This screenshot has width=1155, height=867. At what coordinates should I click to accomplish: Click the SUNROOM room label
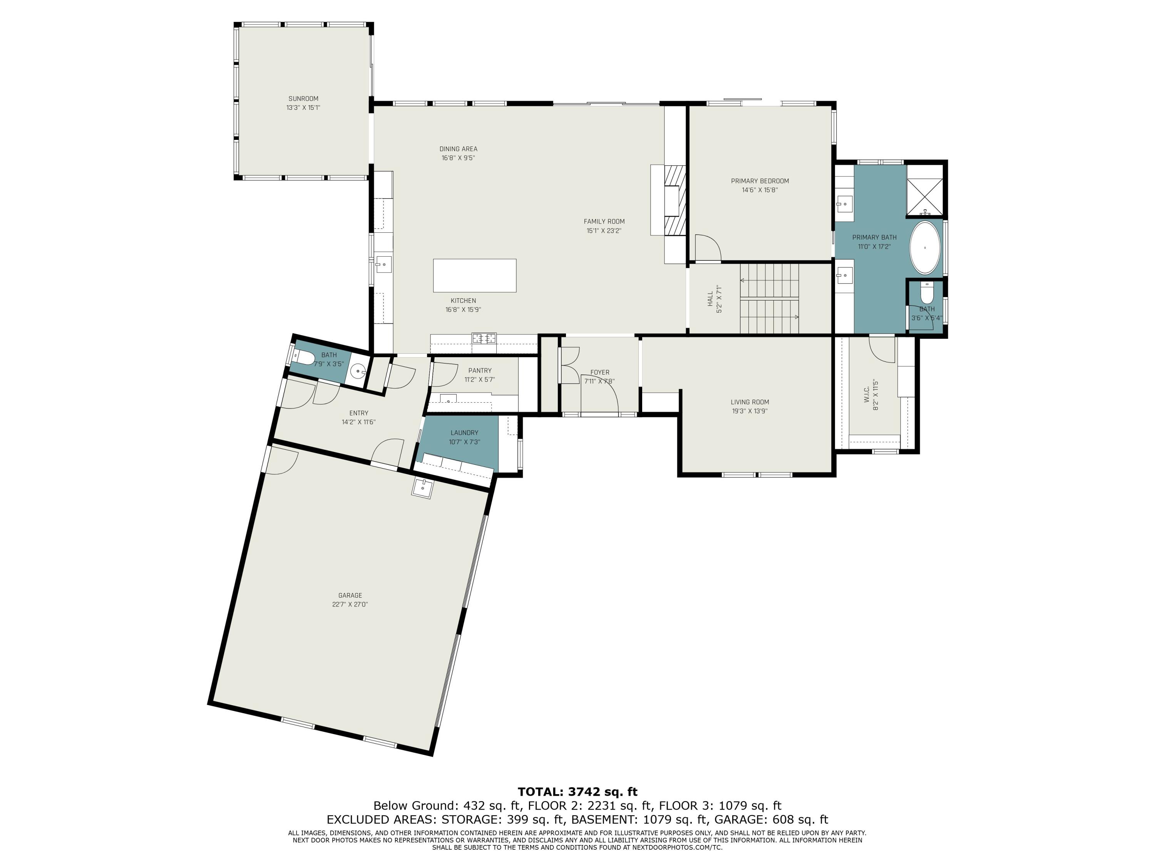click(x=303, y=99)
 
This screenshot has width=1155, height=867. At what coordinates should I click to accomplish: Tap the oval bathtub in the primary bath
click(x=925, y=248)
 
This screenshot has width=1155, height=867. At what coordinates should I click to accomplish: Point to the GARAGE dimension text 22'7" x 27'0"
click(x=350, y=604)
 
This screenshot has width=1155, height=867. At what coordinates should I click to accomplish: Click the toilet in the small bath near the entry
click(x=305, y=358)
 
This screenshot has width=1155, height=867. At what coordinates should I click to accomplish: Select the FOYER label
click(x=599, y=373)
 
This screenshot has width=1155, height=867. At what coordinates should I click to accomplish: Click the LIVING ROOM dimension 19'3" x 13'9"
click(x=749, y=411)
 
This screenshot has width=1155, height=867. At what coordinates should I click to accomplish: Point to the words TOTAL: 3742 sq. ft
click(x=577, y=792)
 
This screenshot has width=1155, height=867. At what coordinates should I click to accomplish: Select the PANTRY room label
click(x=479, y=371)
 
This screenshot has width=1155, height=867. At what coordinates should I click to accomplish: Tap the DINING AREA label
click(x=458, y=149)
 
